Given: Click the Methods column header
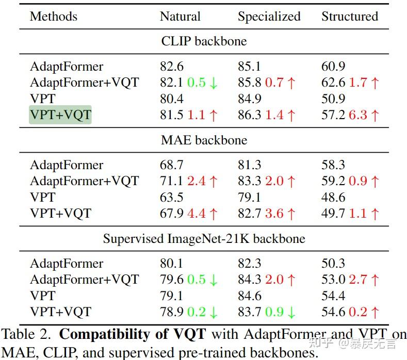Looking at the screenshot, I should pyautogui.click(x=54, y=16).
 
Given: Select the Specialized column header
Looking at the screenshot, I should pyautogui.click(x=269, y=16).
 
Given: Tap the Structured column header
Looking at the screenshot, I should pyautogui.click(x=350, y=16).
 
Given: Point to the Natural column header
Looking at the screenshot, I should pyautogui.click(x=180, y=16).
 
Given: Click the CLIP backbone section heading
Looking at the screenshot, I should pyautogui.click(x=204, y=41).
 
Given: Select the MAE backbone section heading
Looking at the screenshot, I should pyautogui.click(x=204, y=140).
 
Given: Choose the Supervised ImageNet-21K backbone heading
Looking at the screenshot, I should pyautogui.click(x=204, y=239).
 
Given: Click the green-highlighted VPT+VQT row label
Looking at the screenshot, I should pyautogui.click(x=60, y=115).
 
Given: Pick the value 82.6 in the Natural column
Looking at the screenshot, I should pyautogui.click(x=172, y=67).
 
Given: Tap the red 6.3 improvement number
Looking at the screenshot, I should pyautogui.click(x=358, y=115).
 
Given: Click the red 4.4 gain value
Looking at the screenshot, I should pyautogui.click(x=196, y=213).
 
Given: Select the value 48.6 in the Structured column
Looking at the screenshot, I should pyautogui.click(x=333, y=197).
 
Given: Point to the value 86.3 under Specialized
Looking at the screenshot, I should pyautogui.click(x=250, y=115).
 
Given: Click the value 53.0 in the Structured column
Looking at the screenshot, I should pyautogui.click(x=333, y=280).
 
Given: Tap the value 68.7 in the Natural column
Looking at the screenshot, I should pyautogui.click(x=172, y=165).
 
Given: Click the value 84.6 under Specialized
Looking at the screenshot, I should pyautogui.click(x=250, y=296).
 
